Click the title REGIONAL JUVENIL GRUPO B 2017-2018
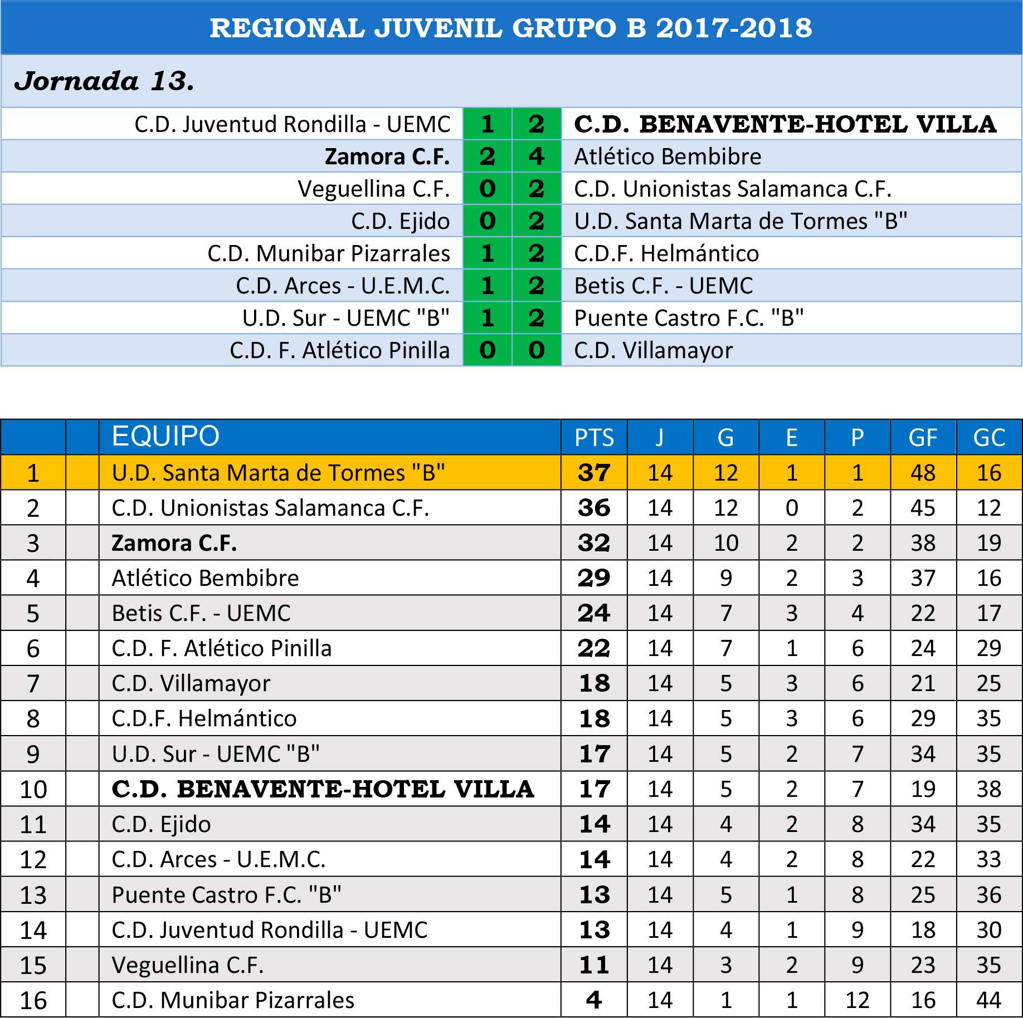tap(511, 28)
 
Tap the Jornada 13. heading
tap(104, 81)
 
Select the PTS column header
tap(594, 438)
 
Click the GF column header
tap(923, 438)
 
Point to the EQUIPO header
tap(165, 436)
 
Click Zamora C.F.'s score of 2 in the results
tap(487, 156)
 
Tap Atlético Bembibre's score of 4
tap(536, 156)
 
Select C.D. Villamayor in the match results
tap(653, 350)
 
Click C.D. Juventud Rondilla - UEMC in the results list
tap(293, 124)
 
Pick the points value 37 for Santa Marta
tap(594, 473)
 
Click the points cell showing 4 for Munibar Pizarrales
tap(594, 1000)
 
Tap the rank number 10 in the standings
tap(33, 790)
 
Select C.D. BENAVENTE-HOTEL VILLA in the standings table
tap(323, 789)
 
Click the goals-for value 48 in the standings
tap(923, 473)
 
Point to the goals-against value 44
tap(988, 1000)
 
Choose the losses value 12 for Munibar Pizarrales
tap(857, 1000)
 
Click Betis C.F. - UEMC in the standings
tap(201, 613)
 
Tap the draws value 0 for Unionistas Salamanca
tap(791, 508)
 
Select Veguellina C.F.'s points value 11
tap(594, 965)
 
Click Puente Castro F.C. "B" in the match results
tap(689, 318)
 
